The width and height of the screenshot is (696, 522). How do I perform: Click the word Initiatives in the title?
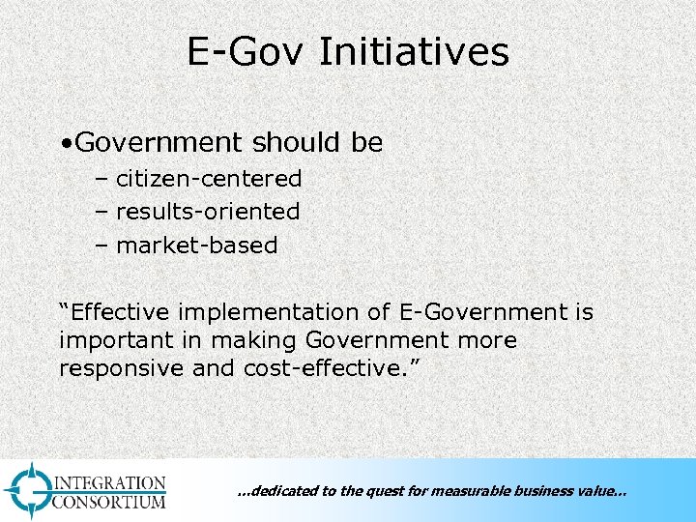[413, 51]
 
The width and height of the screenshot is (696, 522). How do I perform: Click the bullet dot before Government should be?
[63, 144]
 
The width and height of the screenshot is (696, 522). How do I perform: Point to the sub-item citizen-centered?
[209, 179]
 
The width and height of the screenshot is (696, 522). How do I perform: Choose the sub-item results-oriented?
[208, 212]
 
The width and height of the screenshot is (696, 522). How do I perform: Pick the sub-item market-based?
[196, 246]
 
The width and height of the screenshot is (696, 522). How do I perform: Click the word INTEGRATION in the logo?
[109, 482]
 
